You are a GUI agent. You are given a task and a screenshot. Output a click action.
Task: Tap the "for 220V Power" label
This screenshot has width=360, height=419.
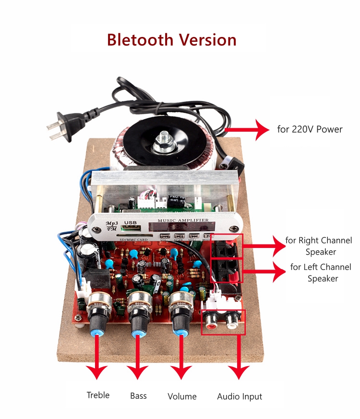tap(310, 129)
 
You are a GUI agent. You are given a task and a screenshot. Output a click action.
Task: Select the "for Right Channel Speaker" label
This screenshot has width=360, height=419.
tap(318, 246)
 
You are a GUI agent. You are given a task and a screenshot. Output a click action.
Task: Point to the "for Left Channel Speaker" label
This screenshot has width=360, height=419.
tap(321, 272)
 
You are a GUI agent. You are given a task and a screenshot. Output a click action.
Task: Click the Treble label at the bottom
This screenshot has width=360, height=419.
tap(98, 395)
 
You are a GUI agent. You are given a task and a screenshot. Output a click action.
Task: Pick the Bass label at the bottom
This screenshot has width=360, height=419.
tap(138, 396)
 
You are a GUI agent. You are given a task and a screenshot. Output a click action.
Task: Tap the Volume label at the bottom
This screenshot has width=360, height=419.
tap(182, 396)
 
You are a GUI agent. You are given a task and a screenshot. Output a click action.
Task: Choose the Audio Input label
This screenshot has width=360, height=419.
tap(240, 396)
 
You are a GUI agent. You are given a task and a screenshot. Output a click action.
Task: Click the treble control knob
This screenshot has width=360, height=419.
tap(99, 320)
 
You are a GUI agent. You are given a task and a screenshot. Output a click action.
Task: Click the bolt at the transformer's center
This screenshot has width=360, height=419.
tap(163, 139)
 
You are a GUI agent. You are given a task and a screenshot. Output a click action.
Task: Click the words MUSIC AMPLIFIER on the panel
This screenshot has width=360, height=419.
tap(179, 220)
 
